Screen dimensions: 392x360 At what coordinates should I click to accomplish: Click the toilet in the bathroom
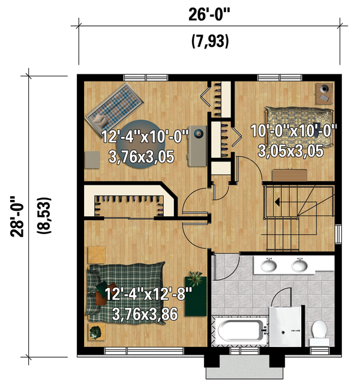[319, 331]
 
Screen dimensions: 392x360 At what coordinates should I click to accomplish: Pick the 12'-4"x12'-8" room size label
[148, 295]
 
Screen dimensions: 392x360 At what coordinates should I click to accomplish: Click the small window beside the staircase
[338, 234]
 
